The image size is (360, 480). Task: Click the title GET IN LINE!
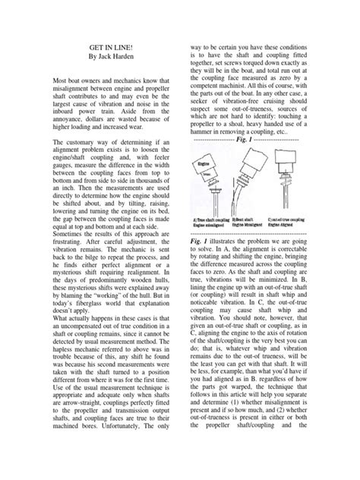click(111, 46)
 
